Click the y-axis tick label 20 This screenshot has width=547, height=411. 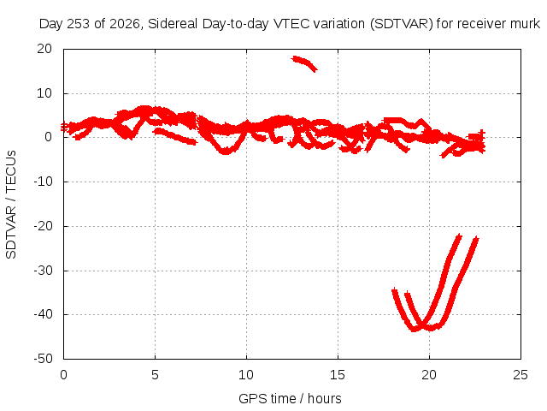(x=44, y=49)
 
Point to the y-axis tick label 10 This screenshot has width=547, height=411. (x=44, y=93)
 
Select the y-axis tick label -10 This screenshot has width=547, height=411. (x=43, y=182)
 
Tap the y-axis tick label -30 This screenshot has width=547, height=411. (x=43, y=271)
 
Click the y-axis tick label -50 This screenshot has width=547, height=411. (x=43, y=359)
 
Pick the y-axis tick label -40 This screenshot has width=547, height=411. (x=43, y=314)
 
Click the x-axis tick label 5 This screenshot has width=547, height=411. (x=155, y=375)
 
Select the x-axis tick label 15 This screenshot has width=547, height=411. (x=338, y=375)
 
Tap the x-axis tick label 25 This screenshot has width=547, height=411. (x=521, y=375)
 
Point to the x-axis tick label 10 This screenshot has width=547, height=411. (x=246, y=375)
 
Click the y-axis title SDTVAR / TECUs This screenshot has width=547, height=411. (x=11, y=205)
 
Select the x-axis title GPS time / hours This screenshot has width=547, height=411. (x=290, y=399)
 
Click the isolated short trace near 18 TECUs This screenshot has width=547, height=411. (x=304, y=63)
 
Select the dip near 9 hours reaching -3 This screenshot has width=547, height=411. (x=226, y=152)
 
